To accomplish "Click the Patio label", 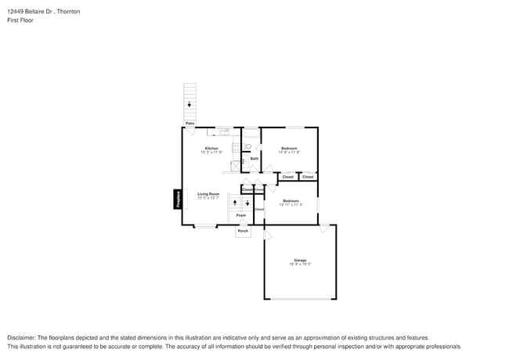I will (x=190, y=124).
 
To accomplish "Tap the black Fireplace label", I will (x=177, y=199).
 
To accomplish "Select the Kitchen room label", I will (x=211, y=148).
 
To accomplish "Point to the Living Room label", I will (x=208, y=194).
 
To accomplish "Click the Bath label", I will (x=254, y=159).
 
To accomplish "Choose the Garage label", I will (x=300, y=260).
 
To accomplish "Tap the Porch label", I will (x=243, y=231).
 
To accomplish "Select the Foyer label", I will (x=241, y=214).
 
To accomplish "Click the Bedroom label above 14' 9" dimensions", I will (x=290, y=148).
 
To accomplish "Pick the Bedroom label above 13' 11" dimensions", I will (x=291, y=201).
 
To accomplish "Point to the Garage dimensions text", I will (x=300, y=265).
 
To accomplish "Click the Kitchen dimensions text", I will (x=211, y=152).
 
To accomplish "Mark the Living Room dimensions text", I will (x=208, y=198).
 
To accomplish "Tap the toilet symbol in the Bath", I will (x=247, y=146).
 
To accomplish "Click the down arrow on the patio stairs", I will (x=189, y=104).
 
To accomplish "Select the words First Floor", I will (x=20, y=20).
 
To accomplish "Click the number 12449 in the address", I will (x=16, y=12).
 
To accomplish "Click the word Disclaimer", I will (x=23, y=337).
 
